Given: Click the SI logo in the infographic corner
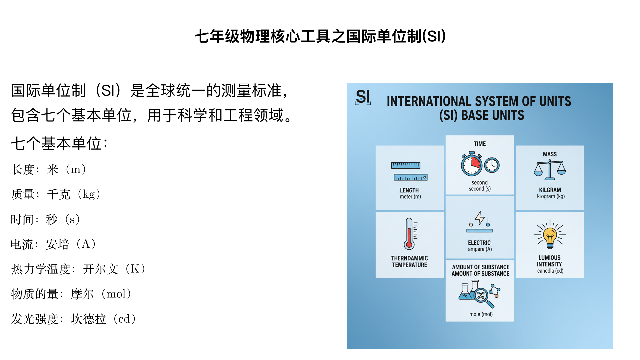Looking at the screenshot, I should point(363,97).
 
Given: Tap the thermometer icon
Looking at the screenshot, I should point(409,234).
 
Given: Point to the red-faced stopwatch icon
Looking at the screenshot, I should point(472,164).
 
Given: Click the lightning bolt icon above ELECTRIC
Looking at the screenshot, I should point(480,218).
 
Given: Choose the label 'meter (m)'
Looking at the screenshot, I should point(410,197).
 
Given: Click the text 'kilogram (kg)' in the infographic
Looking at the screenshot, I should point(551,196).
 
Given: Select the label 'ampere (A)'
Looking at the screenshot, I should point(480,249).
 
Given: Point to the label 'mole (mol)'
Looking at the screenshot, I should point(481,314).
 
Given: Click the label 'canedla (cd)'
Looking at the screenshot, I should point(550,271).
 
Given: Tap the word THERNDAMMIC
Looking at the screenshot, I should point(409,258).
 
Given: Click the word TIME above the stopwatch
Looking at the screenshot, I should point(480,144).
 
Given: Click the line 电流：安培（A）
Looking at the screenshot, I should point(54,244).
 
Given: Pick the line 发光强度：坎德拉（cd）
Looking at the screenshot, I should point(74,319).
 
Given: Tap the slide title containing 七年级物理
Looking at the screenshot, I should point(320,36).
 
